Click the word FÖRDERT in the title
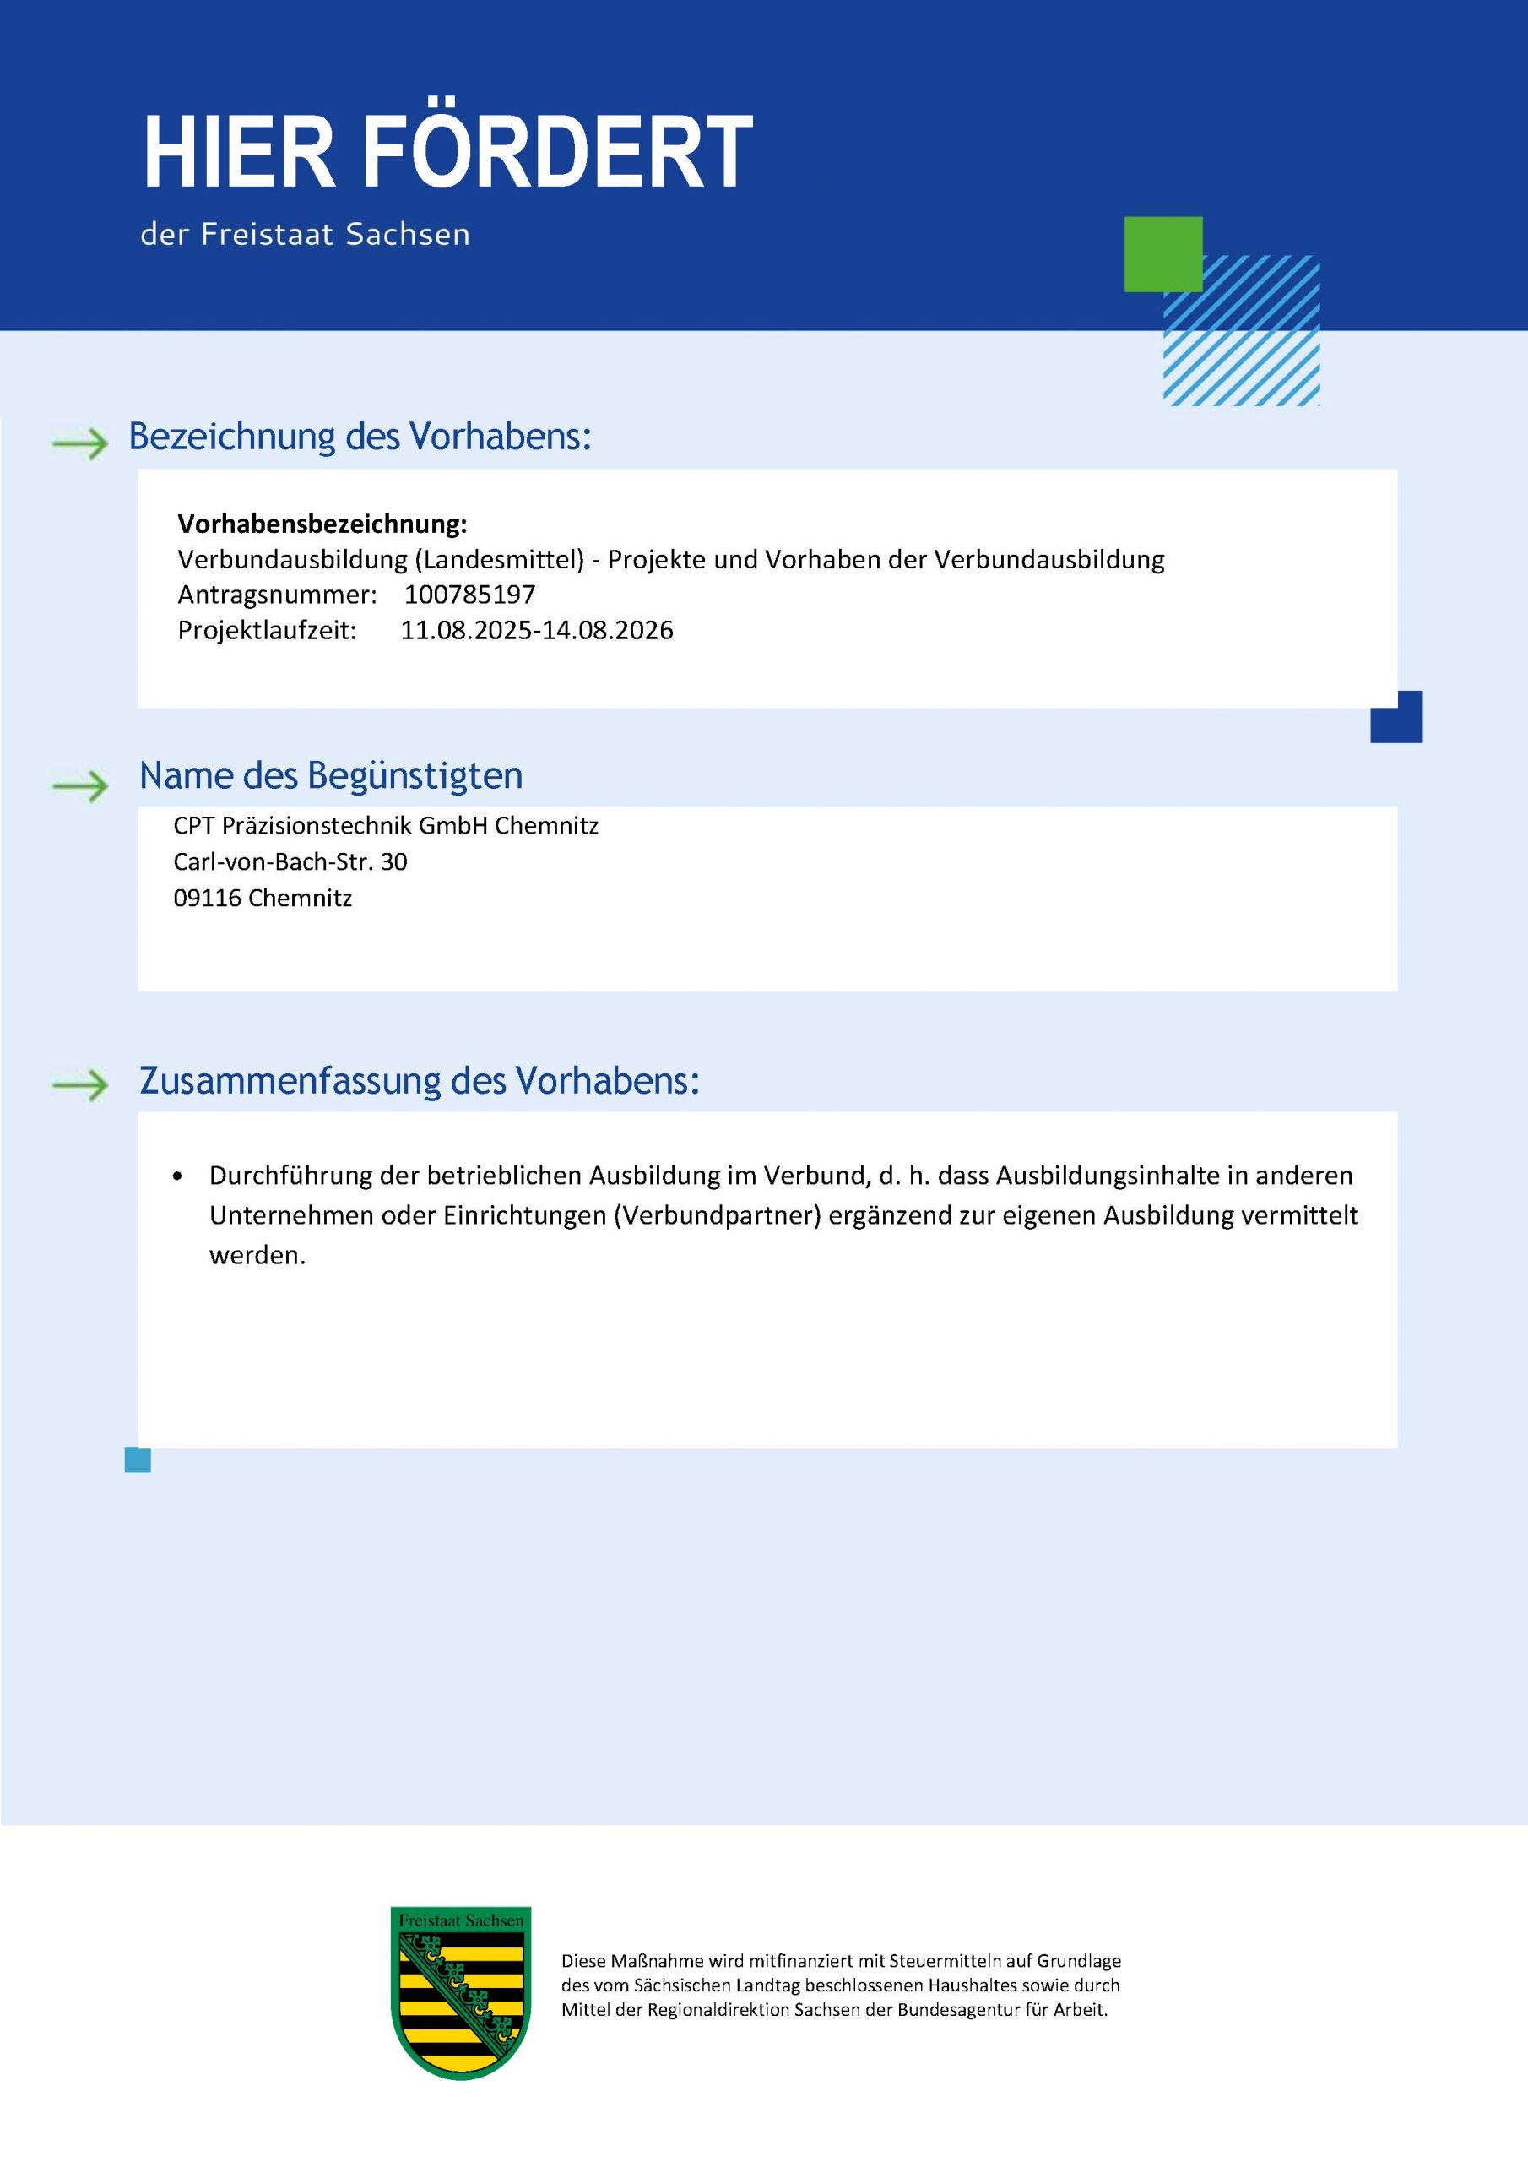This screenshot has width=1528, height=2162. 557,153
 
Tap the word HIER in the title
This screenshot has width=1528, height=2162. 239,153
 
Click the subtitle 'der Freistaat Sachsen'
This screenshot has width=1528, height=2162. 305,234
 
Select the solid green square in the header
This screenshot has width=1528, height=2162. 1162,253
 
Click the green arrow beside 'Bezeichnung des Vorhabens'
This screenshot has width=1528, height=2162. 81,442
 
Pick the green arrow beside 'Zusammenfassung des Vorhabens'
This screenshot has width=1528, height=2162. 81,1086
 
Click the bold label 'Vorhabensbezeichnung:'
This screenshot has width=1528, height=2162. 322,524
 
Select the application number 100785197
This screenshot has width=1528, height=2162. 469,595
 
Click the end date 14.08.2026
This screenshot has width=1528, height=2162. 608,630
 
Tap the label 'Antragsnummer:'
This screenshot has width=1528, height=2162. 277,595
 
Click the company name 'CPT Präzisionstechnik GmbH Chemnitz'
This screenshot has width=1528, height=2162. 386,826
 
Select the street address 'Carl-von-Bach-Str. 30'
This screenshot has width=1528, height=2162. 290,861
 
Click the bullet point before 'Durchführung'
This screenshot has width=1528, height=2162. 178,1176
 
